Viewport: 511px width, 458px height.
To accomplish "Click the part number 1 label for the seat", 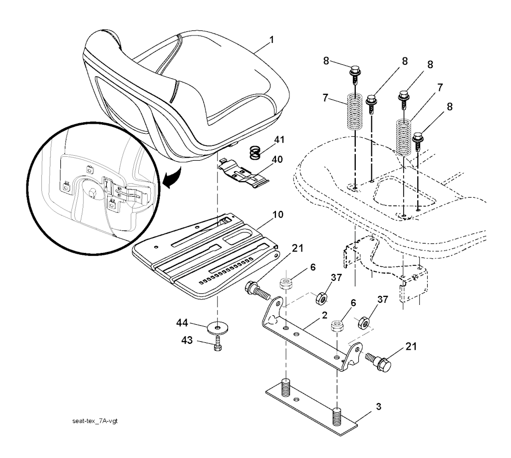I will click(271, 38).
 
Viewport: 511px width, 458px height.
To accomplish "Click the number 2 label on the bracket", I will click(324, 315).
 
